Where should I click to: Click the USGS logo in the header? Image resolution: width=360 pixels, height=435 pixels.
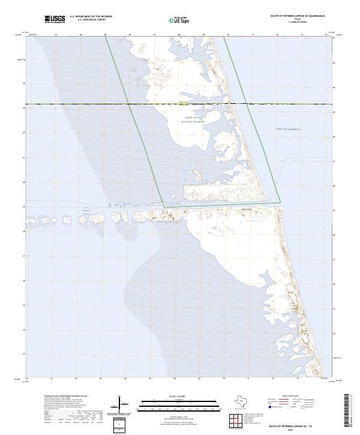point(55,19)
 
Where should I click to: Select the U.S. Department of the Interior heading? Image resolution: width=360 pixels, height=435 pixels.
point(91,17)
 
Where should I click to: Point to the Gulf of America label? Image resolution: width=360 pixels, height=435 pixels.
point(288,129)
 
